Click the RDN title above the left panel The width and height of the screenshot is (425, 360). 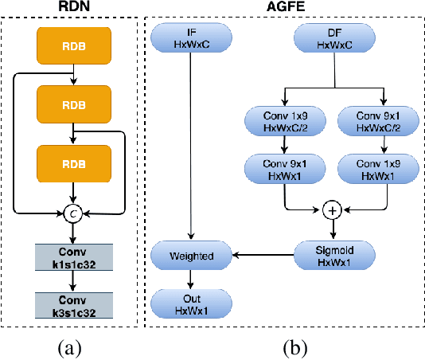point(72,7)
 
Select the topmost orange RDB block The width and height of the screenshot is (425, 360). point(72,46)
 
